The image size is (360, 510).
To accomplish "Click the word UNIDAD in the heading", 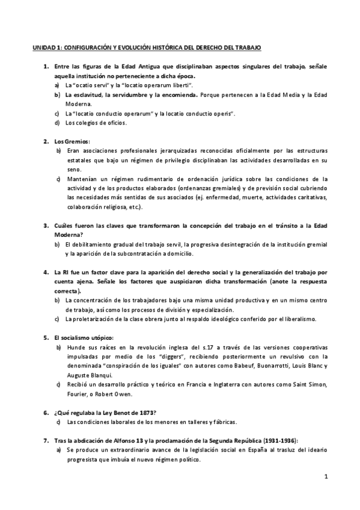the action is [42, 47].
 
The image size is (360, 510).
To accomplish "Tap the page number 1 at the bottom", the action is [325, 477].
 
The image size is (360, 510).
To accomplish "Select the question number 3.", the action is [46, 226].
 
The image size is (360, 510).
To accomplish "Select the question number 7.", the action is [46, 440].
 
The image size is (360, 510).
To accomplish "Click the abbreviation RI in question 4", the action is [67, 272].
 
